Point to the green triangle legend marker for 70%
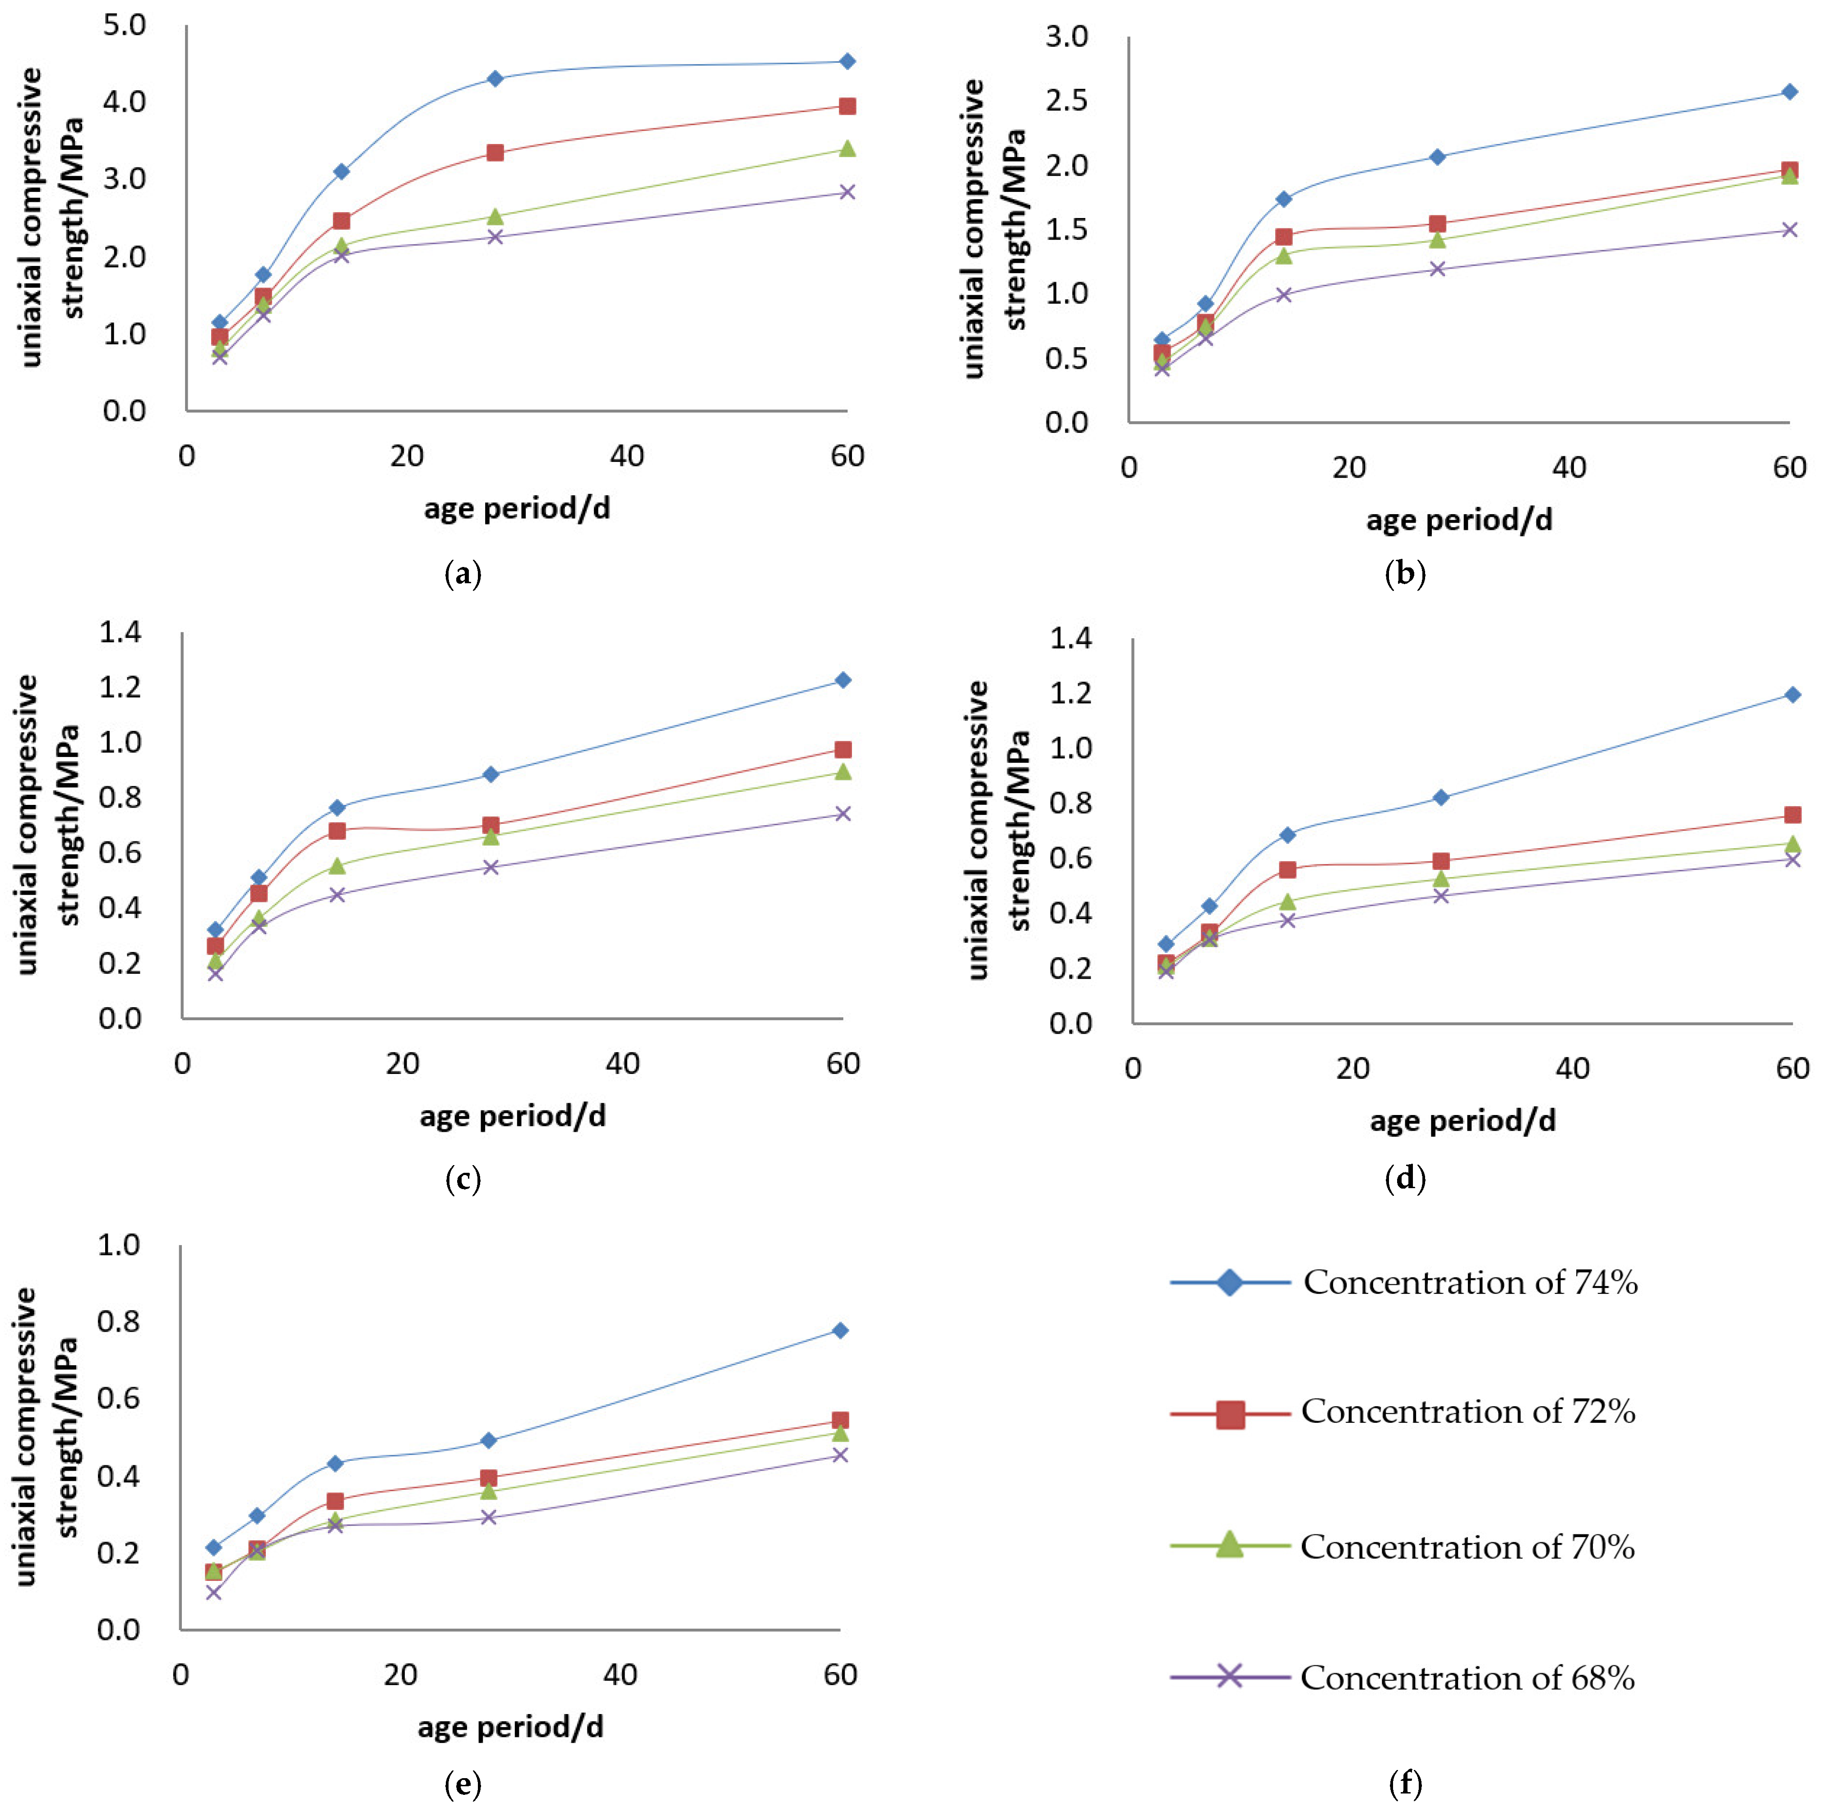(x=1229, y=1545)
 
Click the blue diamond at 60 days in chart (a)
(x=847, y=61)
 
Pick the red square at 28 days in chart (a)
(x=495, y=152)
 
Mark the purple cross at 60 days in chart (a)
(x=847, y=192)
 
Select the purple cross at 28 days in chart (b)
(x=1437, y=269)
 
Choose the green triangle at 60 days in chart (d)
(x=1792, y=843)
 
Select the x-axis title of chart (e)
(x=511, y=1727)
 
